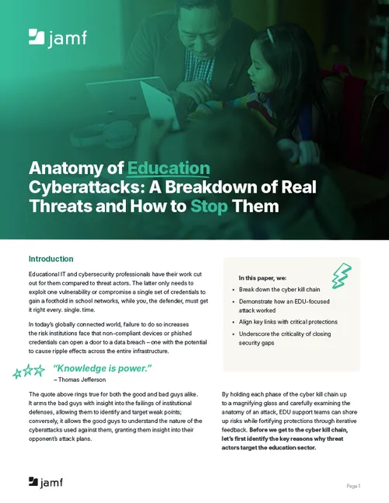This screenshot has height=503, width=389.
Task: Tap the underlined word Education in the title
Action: (x=169, y=168)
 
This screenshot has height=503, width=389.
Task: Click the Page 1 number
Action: (x=353, y=485)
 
